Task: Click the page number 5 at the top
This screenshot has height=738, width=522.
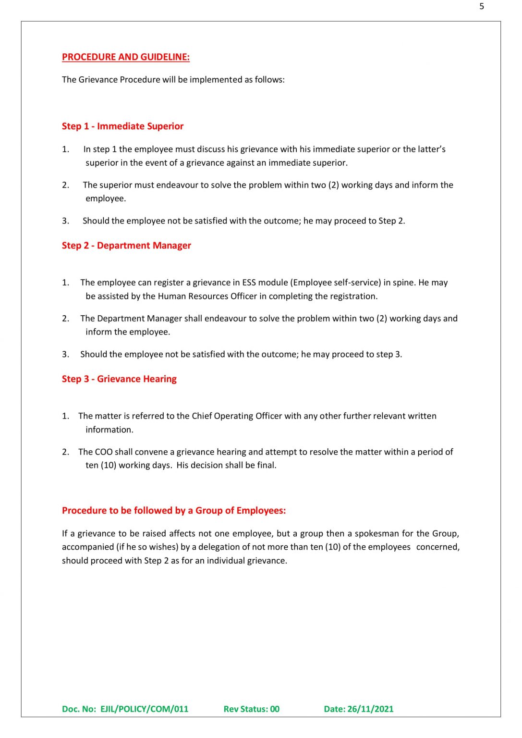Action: coord(481,6)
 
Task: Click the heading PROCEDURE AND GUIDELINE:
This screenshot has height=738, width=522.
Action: coord(125,57)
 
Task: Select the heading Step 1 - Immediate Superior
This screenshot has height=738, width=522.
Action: coord(122,126)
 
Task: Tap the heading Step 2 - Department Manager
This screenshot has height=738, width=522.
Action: coord(126,246)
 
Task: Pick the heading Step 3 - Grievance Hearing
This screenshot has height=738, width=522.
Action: coord(119,379)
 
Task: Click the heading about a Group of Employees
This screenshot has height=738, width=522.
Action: coord(174,511)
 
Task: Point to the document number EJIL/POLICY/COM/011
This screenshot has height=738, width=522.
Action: coord(144,709)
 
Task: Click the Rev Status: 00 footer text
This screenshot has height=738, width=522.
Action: coord(251,709)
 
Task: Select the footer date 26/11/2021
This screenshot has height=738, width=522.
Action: coord(370,709)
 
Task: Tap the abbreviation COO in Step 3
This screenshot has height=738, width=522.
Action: coord(104,452)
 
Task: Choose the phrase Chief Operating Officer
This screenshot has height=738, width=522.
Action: coord(237,416)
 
